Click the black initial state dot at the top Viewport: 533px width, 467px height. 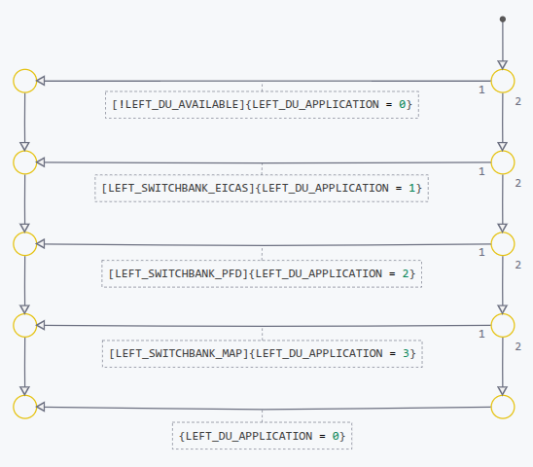(x=502, y=19)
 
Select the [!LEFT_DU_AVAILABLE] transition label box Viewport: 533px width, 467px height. (x=262, y=104)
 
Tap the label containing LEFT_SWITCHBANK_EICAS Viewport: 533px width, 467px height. (x=262, y=187)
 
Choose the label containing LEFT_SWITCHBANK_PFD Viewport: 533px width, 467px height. (x=262, y=273)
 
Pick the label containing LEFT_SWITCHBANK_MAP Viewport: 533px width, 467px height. (x=262, y=352)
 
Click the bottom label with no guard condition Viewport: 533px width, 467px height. (x=262, y=436)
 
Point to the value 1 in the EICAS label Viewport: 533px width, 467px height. (x=412, y=187)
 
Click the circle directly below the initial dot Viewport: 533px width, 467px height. (x=502, y=81)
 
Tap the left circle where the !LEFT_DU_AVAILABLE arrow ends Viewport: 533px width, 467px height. (x=24, y=81)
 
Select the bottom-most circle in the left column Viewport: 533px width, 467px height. (x=24, y=407)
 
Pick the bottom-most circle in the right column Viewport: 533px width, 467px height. (x=502, y=407)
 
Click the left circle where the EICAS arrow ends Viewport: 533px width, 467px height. (x=24, y=162)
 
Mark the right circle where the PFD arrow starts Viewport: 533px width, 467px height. (x=502, y=243)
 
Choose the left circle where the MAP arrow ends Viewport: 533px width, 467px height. (x=24, y=324)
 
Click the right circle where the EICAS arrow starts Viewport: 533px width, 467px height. (x=502, y=162)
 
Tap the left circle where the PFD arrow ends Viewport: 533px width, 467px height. (x=24, y=243)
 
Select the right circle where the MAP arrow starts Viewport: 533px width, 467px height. (x=502, y=324)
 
